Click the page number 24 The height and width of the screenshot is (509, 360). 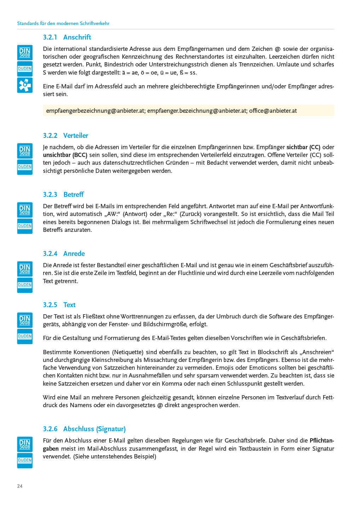point(20,486)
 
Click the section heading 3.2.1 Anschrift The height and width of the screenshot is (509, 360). point(67,37)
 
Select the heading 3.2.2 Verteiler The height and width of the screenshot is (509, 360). point(65,135)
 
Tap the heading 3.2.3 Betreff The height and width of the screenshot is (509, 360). point(63,194)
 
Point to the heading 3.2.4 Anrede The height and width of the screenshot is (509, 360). point(64,253)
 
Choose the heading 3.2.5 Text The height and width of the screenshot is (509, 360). point(59,305)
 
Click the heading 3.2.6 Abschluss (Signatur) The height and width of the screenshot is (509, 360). point(84,429)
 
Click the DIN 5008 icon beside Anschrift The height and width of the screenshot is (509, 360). point(25,52)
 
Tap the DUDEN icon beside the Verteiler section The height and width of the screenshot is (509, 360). point(25,167)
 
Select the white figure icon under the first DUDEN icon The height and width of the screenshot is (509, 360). point(25,85)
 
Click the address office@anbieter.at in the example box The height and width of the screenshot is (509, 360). point(273,111)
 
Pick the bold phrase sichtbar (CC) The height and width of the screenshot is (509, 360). point(303,147)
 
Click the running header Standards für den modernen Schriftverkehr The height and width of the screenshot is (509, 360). point(63,23)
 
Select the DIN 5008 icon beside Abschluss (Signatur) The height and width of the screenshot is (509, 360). point(25,444)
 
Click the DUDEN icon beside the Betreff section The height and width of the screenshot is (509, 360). point(25,226)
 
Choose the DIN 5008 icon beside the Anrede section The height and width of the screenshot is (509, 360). point(25,269)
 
